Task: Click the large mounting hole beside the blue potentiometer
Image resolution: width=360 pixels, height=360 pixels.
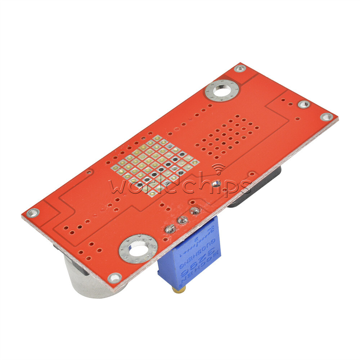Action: click(x=138, y=248)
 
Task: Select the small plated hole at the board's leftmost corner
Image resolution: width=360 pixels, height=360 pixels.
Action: click(x=33, y=213)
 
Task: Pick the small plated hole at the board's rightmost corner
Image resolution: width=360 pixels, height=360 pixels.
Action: click(x=326, y=117)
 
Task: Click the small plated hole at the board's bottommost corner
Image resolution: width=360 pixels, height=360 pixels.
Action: click(x=114, y=277)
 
